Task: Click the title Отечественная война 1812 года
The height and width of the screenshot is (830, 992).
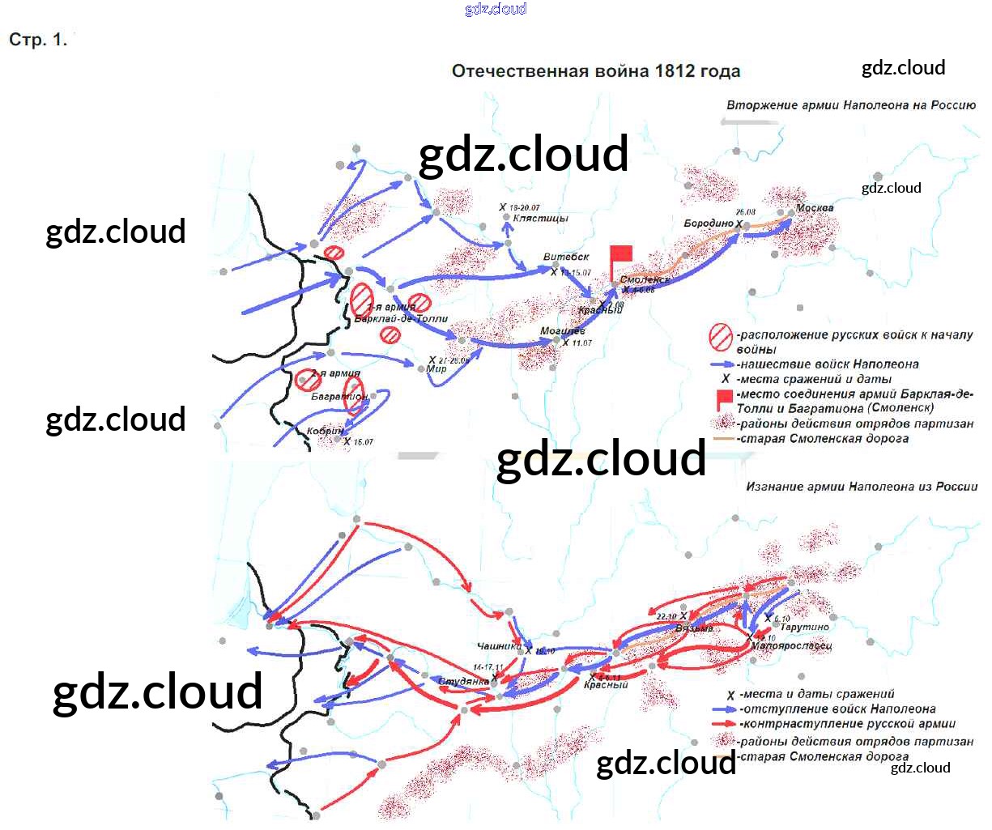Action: (x=595, y=71)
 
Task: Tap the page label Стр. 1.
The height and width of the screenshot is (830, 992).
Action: (x=37, y=40)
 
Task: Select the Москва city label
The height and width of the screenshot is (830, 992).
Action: (x=814, y=208)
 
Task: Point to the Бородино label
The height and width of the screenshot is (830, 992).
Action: (x=709, y=223)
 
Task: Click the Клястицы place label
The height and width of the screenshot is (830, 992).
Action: (x=540, y=219)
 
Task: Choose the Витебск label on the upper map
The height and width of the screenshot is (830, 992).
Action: (x=566, y=258)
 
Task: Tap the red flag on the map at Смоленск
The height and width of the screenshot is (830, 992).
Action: (x=620, y=254)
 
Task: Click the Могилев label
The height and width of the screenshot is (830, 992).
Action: (x=562, y=331)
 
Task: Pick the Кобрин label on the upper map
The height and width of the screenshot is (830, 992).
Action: (x=325, y=432)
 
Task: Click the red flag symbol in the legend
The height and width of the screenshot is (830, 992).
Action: (x=724, y=398)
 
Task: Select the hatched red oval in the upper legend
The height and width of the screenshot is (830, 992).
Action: (x=721, y=336)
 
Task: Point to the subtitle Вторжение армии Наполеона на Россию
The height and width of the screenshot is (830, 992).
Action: (x=850, y=105)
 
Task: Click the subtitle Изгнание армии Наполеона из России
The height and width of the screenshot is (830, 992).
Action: (x=862, y=487)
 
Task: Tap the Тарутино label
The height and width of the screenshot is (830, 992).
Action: (x=804, y=628)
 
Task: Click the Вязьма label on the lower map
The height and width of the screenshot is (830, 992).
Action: (x=693, y=629)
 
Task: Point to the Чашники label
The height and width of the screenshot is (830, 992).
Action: (x=499, y=646)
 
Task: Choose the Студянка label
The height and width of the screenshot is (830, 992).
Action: (x=463, y=682)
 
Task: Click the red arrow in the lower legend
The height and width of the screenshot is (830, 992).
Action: (x=723, y=724)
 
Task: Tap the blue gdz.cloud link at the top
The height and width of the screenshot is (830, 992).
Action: (x=496, y=9)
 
